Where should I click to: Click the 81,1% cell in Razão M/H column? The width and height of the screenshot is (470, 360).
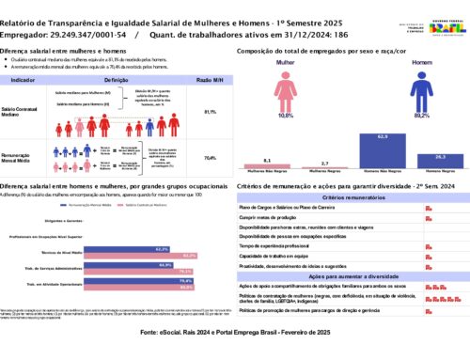[209, 111]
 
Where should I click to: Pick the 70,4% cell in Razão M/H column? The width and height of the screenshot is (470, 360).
[209, 158]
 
